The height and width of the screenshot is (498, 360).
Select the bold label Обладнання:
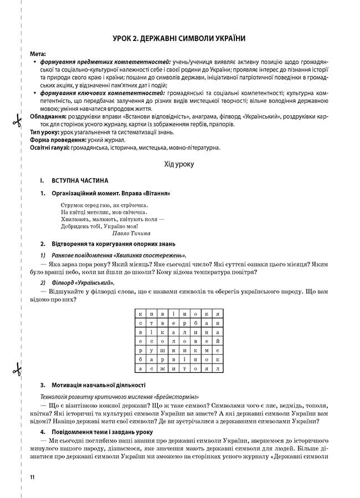(x=50, y=117)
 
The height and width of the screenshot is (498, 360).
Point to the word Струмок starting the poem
(x=73, y=204)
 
